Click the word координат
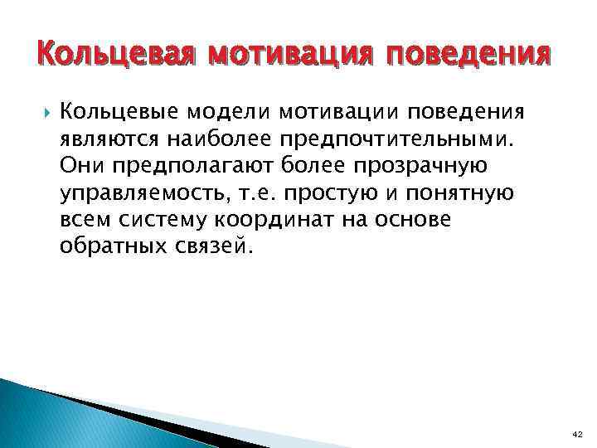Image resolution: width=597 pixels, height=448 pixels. pyautogui.click(x=279, y=219)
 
